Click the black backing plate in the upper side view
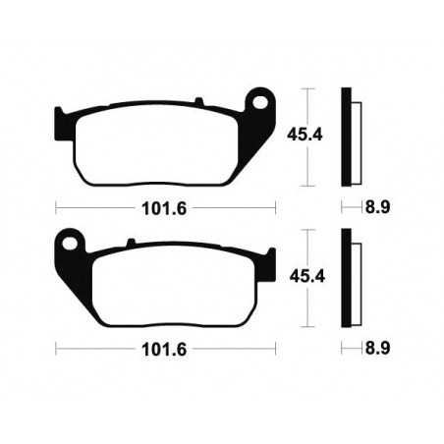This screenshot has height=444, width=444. coord(347,137)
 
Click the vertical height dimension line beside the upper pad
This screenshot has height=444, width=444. coord(310,137)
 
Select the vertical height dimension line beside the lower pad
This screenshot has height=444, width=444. coord(310,277)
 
